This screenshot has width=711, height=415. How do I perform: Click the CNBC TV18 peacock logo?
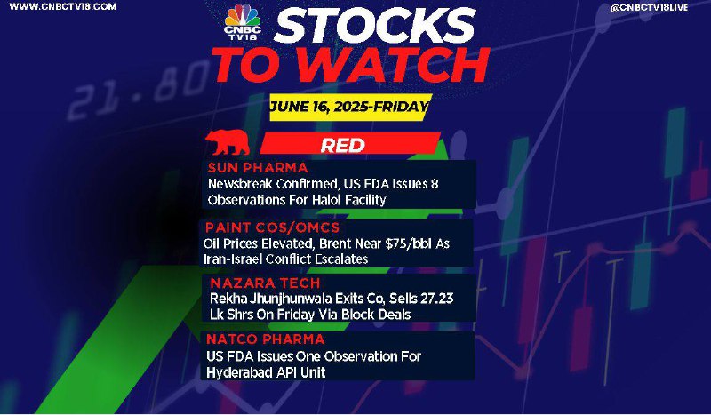click(x=243, y=21)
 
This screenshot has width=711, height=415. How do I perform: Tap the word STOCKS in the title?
click(x=374, y=27)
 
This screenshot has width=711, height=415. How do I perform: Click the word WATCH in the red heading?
click(x=393, y=65)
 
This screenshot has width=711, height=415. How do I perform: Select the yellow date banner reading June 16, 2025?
click(x=349, y=107)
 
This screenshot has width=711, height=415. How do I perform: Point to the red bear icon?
click(x=228, y=142)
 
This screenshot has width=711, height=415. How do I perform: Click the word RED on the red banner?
click(x=343, y=145)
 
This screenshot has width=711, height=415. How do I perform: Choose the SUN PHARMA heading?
click(x=258, y=168)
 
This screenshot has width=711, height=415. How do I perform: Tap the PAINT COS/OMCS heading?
click(x=272, y=227)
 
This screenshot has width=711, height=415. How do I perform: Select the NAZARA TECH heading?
click(x=265, y=283)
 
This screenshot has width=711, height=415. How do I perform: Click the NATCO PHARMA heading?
click(x=265, y=339)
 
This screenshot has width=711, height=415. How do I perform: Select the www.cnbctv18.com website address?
click(x=62, y=7)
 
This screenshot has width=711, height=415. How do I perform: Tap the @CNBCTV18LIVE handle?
click(x=650, y=7)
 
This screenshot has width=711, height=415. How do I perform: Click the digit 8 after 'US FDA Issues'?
click(x=435, y=184)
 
